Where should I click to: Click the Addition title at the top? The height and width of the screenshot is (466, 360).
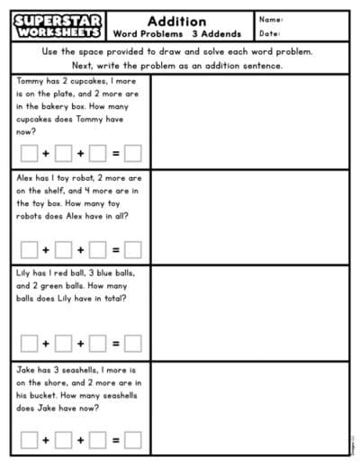click(176, 21)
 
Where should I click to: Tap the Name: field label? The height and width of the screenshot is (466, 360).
click(271, 19)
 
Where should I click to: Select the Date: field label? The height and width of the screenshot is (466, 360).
click(270, 33)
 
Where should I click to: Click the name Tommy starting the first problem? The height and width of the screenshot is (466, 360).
click(31, 80)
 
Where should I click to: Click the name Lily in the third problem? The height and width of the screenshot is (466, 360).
click(26, 273)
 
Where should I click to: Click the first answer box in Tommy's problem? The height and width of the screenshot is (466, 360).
click(29, 152)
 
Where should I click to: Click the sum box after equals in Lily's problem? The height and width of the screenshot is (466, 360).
click(132, 343)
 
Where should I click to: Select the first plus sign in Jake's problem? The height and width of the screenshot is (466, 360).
click(46, 440)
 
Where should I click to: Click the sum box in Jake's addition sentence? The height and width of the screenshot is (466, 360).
click(132, 440)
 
